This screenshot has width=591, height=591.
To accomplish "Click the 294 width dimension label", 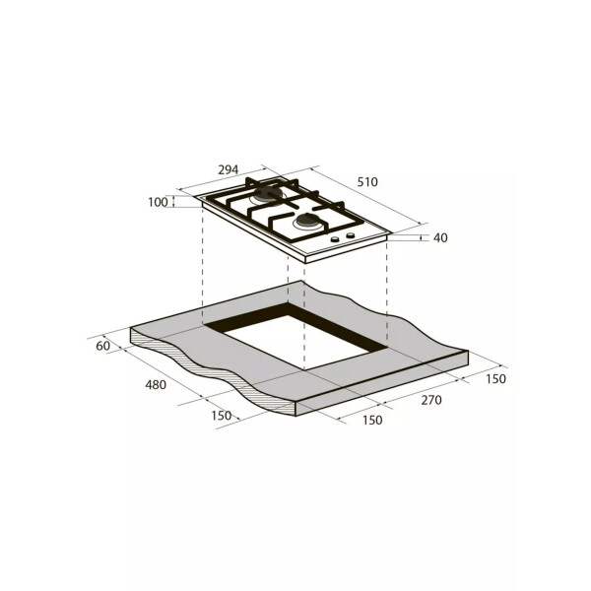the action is (x=229, y=170).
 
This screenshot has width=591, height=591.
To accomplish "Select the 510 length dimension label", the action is (x=367, y=182).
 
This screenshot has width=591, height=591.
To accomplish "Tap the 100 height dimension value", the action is (x=158, y=202).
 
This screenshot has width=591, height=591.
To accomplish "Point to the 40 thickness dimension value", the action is (x=440, y=237).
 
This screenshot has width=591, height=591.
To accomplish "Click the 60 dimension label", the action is (x=102, y=346).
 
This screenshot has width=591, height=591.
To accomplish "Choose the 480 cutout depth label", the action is (x=156, y=385).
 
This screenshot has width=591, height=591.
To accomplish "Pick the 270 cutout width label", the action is (x=431, y=400).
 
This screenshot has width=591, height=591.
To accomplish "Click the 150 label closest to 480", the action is (x=222, y=416).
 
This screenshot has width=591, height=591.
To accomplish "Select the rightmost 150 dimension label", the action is (x=495, y=379).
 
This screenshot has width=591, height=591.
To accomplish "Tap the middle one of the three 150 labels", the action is (x=372, y=420).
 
